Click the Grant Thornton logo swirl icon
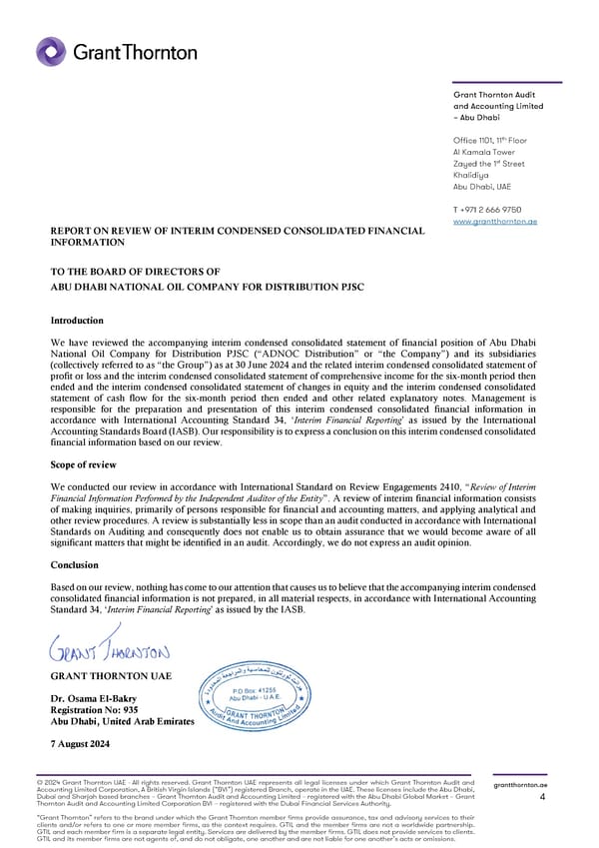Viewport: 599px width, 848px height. pyautogui.click(x=52, y=52)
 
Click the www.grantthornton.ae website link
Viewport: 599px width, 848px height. pyautogui.click(x=494, y=221)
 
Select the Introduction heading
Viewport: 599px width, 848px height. pyautogui.click(x=77, y=321)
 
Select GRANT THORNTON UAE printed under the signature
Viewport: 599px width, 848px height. pyautogui.click(x=110, y=676)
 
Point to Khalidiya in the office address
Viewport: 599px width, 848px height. pyautogui.click(x=474, y=175)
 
